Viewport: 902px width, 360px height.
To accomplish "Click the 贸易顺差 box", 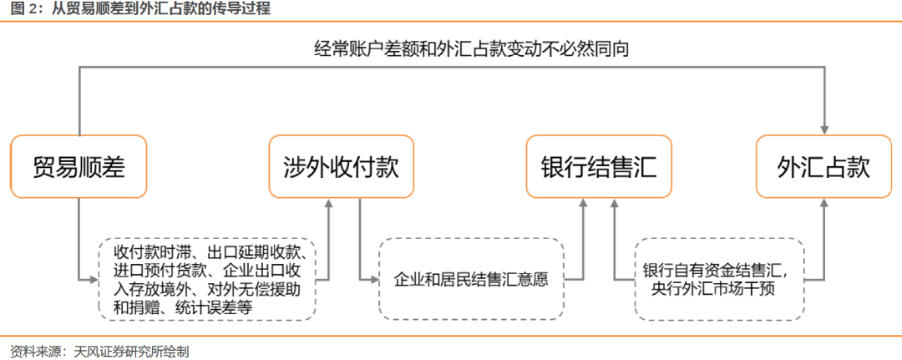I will tap(79, 167).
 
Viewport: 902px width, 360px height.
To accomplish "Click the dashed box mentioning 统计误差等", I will tap(206, 278).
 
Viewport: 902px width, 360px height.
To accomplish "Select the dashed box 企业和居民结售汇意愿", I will tap(471, 278).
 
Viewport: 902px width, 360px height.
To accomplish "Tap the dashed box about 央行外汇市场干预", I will tap(719, 278).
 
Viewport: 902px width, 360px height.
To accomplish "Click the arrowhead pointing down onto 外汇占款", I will tap(824, 129).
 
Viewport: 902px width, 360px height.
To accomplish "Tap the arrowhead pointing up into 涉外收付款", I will tap(328, 204).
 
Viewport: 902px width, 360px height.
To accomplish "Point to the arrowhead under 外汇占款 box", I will tap(824, 204).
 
